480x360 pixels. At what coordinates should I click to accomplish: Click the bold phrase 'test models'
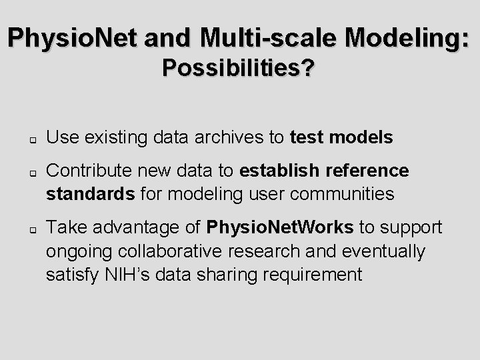342,137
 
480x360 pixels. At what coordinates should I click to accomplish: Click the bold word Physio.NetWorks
280,228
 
